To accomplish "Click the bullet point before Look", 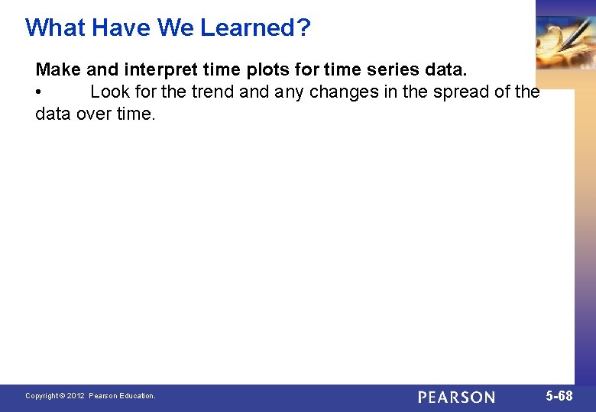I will pos(39,93).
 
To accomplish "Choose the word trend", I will pos(213,92).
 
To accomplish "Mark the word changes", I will pos(343,92).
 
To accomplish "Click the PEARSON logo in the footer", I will pos(456,397).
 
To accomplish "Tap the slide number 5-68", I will pos(559,396).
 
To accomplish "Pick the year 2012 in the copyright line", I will pos(76,396).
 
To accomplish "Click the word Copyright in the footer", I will pos(42,396).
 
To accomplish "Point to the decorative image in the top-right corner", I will pos(565,42).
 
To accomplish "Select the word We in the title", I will pos(176,27).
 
